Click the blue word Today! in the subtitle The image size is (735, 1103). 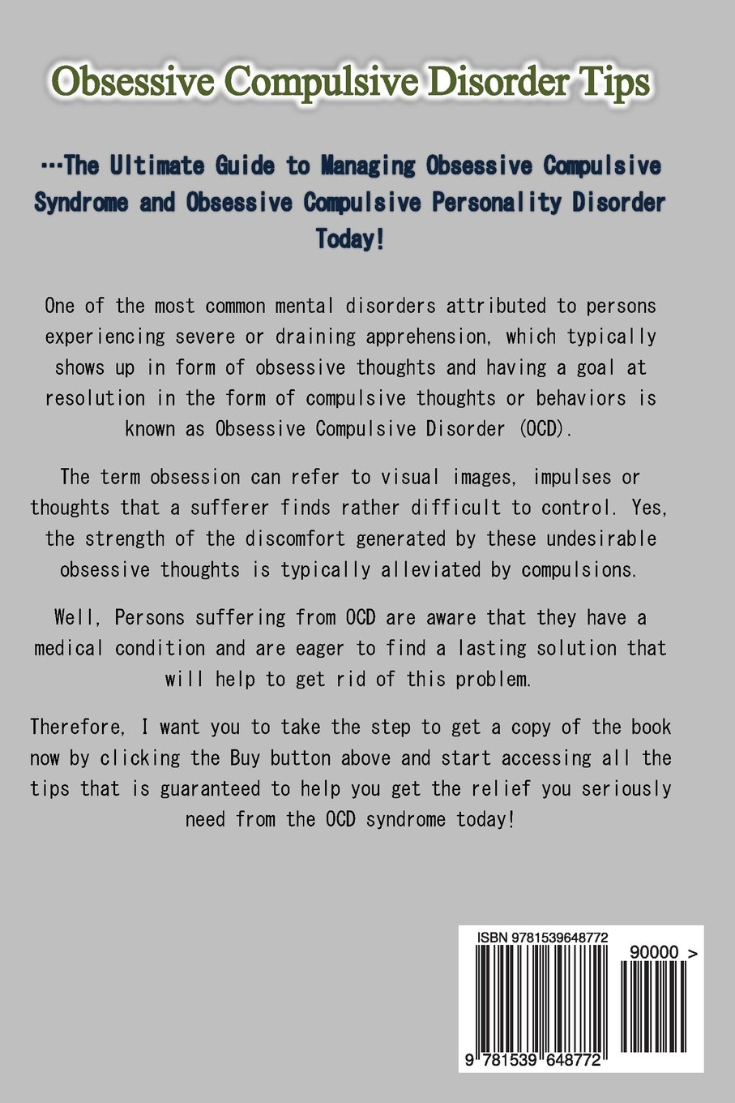click(x=350, y=239)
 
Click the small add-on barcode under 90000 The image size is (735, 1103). click(x=652, y=1006)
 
